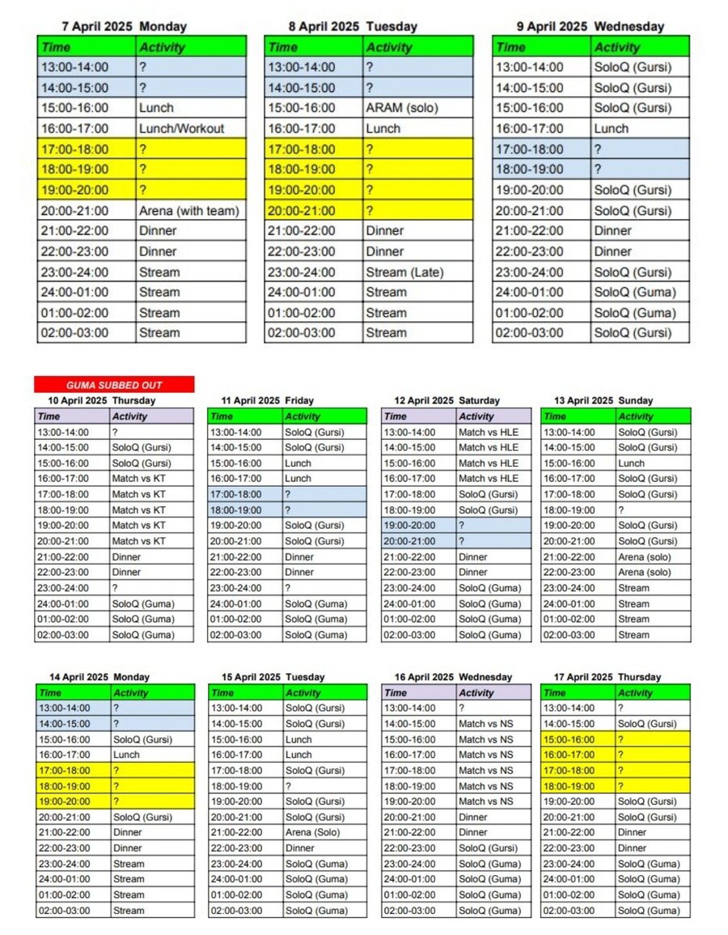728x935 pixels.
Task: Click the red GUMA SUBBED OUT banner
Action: (114, 385)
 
